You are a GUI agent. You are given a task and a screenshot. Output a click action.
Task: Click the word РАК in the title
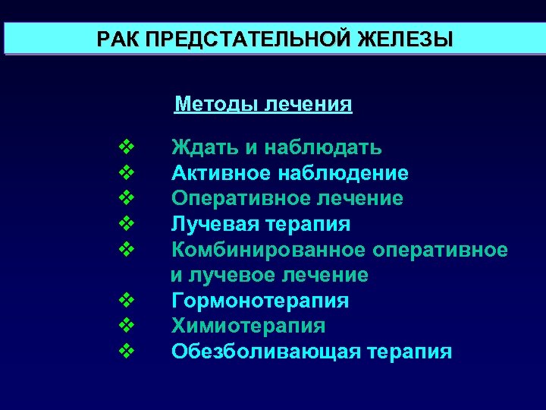pos(118,39)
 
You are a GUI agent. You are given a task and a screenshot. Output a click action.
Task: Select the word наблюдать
pos(321,147)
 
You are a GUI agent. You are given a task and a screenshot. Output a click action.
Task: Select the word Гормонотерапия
pos(260,301)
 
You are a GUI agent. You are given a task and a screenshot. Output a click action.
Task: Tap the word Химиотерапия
pos(248,326)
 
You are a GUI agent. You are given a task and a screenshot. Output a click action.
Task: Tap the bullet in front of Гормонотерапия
pos(127,299)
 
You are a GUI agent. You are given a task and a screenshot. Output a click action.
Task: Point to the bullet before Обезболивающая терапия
pos(127,350)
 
